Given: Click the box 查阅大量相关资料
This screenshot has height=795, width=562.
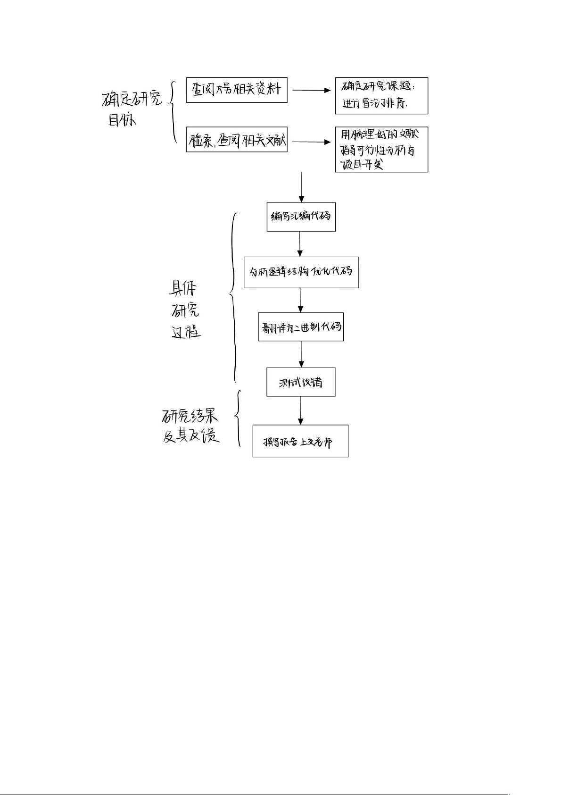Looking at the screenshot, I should (x=237, y=90).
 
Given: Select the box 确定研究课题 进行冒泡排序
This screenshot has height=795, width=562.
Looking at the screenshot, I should (x=381, y=96).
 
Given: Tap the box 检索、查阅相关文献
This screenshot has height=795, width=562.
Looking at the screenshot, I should (x=237, y=140).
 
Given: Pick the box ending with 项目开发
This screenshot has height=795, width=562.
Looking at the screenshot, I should (x=381, y=150).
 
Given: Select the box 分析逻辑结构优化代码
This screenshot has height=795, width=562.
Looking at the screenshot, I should (x=301, y=272).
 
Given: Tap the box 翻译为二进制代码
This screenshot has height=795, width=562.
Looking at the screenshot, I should (x=301, y=326).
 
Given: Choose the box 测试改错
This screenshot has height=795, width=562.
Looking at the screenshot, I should (x=301, y=382).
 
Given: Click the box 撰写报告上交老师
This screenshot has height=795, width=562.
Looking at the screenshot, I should (x=300, y=441).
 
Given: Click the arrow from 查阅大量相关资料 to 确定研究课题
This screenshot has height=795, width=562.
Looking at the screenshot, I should (x=311, y=90).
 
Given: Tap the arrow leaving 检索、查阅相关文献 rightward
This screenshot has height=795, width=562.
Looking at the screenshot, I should (x=311, y=142).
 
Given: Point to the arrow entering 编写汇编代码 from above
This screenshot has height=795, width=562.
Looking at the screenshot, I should (x=301, y=187).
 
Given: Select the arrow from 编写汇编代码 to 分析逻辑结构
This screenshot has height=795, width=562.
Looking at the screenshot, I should (x=300, y=244).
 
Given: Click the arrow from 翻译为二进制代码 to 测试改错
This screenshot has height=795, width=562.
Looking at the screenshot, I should (x=301, y=354).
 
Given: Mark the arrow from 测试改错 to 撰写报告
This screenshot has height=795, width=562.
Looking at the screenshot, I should (x=301, y=410).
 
